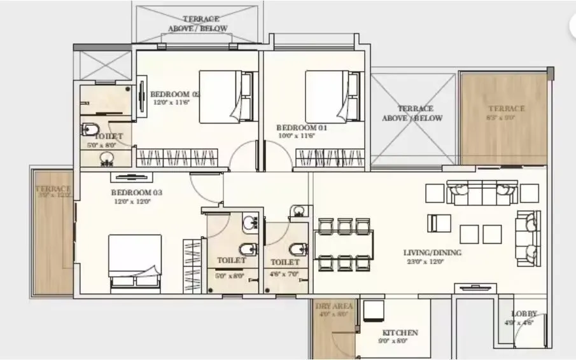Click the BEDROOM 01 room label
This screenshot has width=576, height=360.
(x=302, y=127)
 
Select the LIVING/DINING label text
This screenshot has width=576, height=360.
(x=432, y=253)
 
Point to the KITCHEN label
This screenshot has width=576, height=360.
(x=400, y=333)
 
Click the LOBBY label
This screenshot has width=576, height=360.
(x=524, y=314)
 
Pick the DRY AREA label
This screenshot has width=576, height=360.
(x=332, y=307)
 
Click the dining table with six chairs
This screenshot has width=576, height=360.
(x=344, y=245)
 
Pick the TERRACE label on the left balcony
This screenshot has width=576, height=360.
(x=53, y=188)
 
